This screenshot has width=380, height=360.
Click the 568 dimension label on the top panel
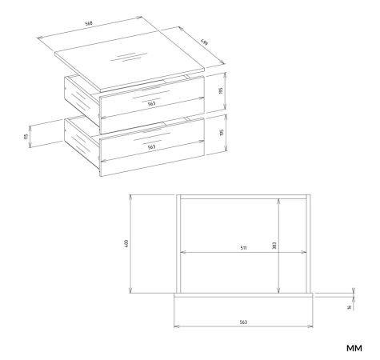pyautogui.click(x=89, y=23)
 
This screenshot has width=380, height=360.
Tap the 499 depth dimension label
pyautogui.click(x=205, y=42)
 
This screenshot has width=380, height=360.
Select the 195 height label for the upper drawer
pyautogui.click(x=221, y=90)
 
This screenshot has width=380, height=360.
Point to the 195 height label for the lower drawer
pyautogui.click(x=222, y=133)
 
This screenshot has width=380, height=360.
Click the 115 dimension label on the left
pyautogui.click(x=26, y=137)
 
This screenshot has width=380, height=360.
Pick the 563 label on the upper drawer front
pyautogui.click(x=151, y=104)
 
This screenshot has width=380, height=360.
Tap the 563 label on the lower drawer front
pyautogui.click(x=151, y=147)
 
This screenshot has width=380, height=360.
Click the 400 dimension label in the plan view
pyautogui.click(x=126, y=243)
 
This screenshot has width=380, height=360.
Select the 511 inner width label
pyautogui.click(x=243, y=248)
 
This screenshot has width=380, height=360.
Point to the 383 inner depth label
pyautogui.click(x=274, y=246)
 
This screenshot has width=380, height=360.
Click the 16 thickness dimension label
pyautogui.click(x=350, y=307)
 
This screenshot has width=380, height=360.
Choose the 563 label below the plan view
pyautogui.click(x=243, y=322)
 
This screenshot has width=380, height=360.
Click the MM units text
pyautogui.click(x=354, y=348)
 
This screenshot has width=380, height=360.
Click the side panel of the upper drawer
pyautogui.click(x=82, y=99)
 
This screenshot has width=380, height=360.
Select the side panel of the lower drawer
pyautogui.click(x=82, y=142)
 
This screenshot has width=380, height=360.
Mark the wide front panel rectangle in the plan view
pyautogui.click(x=243, y=310)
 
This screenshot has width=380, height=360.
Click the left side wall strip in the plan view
pyautogui.click(x=178, y=244)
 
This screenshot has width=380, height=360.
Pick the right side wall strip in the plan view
pyautogui.click(x=308, y=244)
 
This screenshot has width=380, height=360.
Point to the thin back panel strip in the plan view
pyautogui.click(x=243, y=197)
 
